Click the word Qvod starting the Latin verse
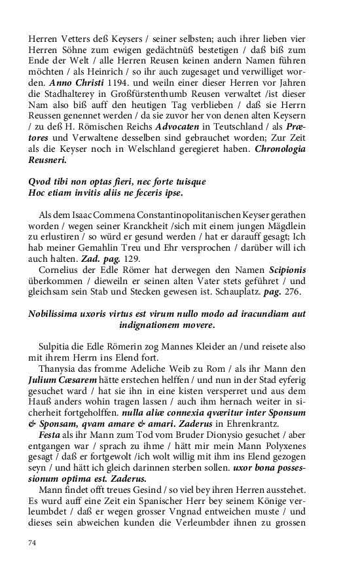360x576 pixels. [41, 181]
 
